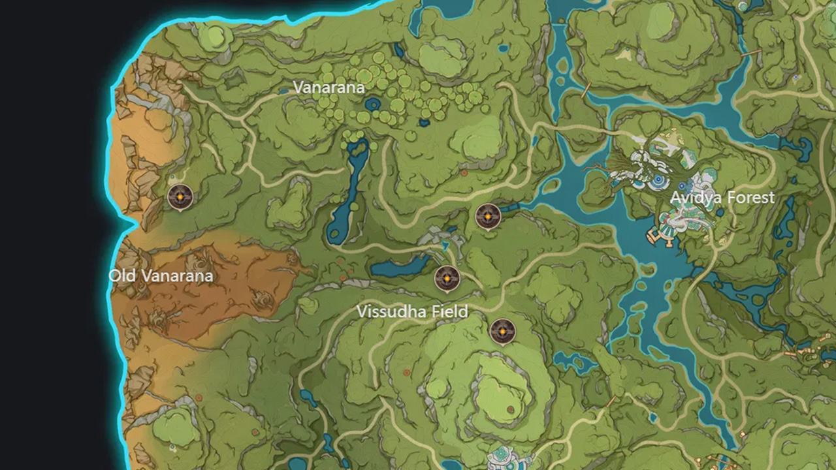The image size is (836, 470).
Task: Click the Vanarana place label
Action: [329, 87]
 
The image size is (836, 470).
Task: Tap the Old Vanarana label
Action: [161, 275]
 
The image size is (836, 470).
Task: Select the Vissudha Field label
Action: [412, 311]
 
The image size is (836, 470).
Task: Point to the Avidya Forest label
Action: [722, 197]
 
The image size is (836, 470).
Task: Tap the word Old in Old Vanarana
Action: [122, 275]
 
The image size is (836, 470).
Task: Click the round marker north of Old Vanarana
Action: [180, 196]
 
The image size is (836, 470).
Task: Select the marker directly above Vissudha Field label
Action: [447, 279]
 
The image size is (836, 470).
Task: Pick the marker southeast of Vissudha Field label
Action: [502, 332]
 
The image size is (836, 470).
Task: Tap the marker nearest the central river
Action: [488, 216]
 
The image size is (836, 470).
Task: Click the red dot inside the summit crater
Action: [510, 409]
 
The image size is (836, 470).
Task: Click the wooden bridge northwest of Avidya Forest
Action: [587, 89]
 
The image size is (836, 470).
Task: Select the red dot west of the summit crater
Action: [406, 372]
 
